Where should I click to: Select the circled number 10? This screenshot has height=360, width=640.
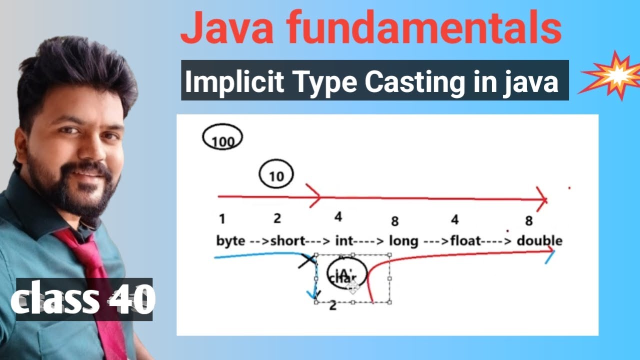(276, 175)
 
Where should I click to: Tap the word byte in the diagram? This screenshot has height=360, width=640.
(230, 241)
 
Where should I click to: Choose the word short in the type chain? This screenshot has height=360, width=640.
(287, 241)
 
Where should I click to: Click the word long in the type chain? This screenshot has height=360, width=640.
(403, 241)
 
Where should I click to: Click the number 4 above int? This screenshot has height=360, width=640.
(338, 217)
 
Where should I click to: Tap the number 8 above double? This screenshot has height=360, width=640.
(529, 220)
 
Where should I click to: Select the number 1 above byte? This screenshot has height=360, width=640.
(221, 219)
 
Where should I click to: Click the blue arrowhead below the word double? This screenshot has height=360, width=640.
(550, 257)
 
